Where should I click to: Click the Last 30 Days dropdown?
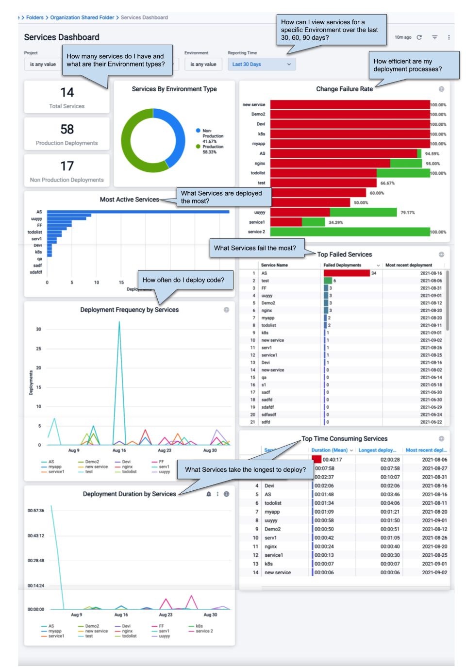pos(261,64)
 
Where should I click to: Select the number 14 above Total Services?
pos(67,92)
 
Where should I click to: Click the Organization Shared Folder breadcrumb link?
pos(82,17)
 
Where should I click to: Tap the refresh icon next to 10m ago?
pos(419,37)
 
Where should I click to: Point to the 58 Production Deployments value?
pos(67,129)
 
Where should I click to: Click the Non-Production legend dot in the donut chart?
pos(198,131)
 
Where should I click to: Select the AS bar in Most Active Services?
pos(138,212)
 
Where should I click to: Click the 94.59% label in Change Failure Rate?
pos(432,154)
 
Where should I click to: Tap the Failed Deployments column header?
pos(343,265)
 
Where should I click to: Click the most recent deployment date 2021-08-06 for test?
pos(431,281)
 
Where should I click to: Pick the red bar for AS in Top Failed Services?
pos(347,273)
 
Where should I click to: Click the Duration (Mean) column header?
pos(330,450)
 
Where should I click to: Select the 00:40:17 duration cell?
pos(332,460)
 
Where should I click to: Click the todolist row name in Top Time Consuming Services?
pos(273,503)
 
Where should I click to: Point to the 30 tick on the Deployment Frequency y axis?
pos(38,329)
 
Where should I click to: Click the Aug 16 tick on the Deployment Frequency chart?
pos(119,450)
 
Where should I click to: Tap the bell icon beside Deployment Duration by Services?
pos(209,494)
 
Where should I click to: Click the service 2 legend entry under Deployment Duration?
pos(204,631)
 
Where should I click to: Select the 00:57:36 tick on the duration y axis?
pos(36,511)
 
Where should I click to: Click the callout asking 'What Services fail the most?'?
pos(255,248)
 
